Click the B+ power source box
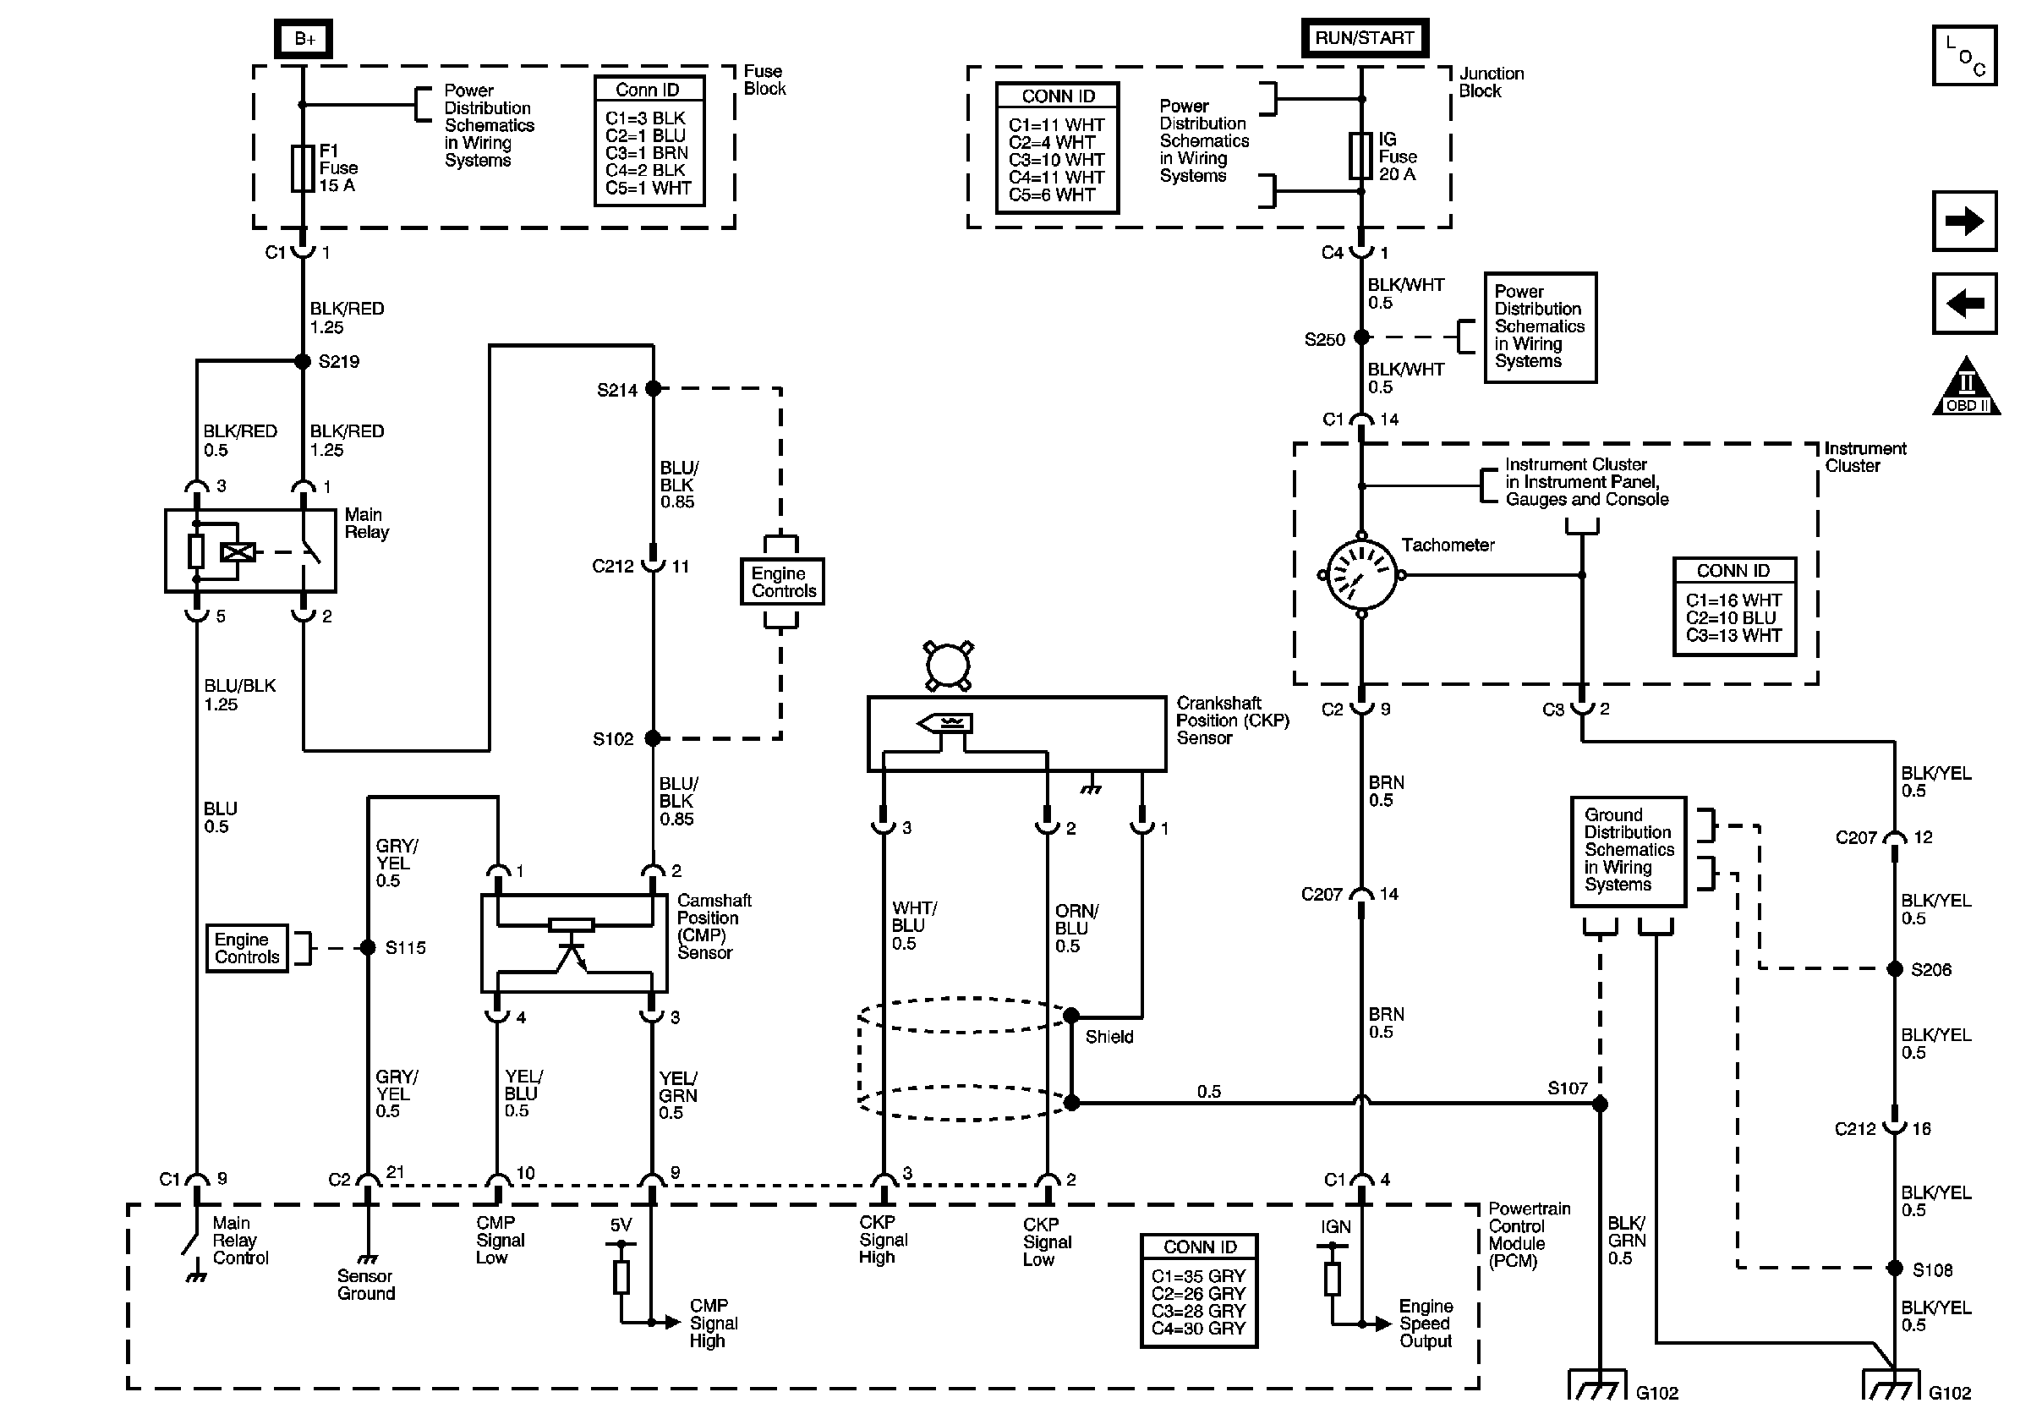tap(304, 39)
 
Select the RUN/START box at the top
tap(1364, 38)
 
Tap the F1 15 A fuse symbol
tap(303, 168)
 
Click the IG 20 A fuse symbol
tap(1360, 156)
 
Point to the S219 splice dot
tap(303, 361)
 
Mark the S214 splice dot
tap(654, 388)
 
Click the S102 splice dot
tap(653, 737)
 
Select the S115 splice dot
tap(368, 947)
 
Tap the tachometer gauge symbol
tap(1361, 575)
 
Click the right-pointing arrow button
tap(1963, 220)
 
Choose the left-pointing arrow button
tap(1963, 304)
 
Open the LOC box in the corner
tap(1963, 56)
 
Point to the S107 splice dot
tap(1599, 1104)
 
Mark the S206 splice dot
tap(1895, 969)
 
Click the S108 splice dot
tap(1895, 1269)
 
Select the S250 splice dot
tap(1362, 337)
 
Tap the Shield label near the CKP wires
tap(1109, 1037)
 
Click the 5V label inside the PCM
tap(621, 1225)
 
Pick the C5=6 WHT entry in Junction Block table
tap(1052, 195)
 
